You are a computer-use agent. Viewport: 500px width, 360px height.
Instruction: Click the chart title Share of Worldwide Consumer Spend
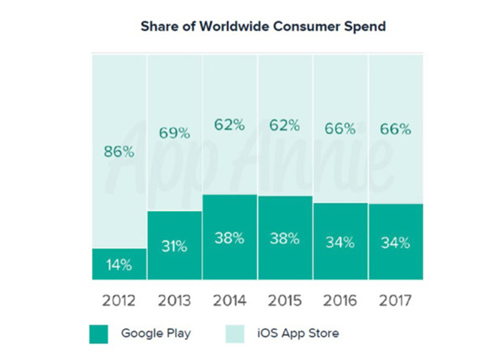(x=262, y=27)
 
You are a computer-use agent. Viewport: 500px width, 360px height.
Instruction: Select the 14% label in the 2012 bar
(x=119, y=264)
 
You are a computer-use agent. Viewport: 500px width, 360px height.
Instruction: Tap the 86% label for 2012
(x=119, y=151)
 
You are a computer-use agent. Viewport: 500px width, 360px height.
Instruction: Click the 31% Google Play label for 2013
(x=174, y=246)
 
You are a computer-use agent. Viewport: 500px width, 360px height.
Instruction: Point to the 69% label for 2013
(x=174, y=132)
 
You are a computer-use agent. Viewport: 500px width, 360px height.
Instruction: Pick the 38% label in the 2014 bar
(x=229, y=238)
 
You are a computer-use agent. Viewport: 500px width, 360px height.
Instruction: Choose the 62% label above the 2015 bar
(x=285, y=125)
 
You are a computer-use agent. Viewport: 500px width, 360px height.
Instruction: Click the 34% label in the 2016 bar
(x=340, y=242)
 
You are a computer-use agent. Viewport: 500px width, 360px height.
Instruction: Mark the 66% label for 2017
(x=395, y=129)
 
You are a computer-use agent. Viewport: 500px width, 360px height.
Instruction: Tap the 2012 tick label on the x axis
(x=119, y=300)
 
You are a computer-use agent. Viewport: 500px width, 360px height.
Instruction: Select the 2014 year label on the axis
(x=229, y=300)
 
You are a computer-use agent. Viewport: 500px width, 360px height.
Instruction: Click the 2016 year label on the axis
(x=340, y=300)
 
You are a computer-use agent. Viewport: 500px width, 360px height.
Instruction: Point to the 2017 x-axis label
(x=395, y=300)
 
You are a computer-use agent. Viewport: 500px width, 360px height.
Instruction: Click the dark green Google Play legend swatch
(x=99, y=334)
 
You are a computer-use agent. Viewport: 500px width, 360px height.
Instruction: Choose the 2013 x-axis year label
(x=174, y=300)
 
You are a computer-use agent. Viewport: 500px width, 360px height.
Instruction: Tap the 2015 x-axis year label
(x=285, y=300)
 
